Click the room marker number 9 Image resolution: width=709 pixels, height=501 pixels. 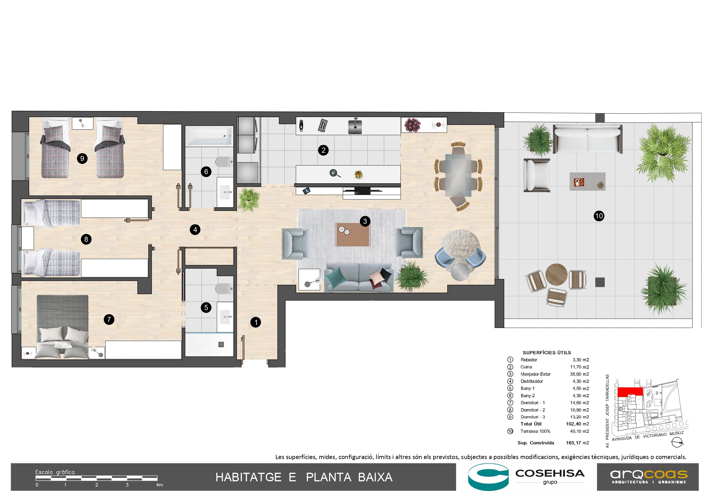pos(82,159)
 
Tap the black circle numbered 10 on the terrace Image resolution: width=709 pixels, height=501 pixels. pos(599,216)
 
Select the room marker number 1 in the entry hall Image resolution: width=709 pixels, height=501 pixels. pos(256,322)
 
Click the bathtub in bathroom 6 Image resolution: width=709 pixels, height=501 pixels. pos(209,136)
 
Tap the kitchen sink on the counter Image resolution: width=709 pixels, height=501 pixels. pos(355,126)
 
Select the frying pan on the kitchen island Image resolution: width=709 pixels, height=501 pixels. pos(335,174)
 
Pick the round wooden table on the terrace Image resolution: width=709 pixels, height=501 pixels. pos(556,274)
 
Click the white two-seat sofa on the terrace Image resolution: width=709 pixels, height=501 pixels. pos(587,139)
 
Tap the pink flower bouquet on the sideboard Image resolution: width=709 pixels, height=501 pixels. pos(412,125)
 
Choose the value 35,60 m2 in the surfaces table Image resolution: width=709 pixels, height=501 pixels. pos(579,374)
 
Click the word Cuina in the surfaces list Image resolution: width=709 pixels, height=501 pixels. pos(526,367)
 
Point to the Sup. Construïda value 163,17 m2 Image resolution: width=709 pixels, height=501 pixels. pos(577,443)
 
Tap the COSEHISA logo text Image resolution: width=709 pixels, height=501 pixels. pos(550,473)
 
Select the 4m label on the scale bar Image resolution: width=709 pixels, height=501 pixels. pos(159,485)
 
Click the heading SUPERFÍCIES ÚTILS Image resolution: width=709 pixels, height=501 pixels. pos(547,353)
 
